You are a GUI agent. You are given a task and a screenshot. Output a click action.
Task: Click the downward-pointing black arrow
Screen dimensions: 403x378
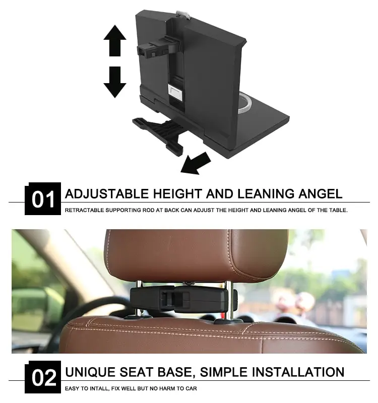[114, 82]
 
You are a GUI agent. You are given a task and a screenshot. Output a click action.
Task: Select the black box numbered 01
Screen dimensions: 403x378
[43, 199]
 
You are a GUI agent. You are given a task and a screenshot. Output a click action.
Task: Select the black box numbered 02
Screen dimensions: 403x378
[43, 377]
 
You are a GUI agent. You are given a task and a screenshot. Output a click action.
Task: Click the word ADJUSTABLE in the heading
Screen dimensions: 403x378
[107, 193]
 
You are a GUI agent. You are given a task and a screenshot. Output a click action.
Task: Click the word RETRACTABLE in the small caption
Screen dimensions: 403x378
[84, 210]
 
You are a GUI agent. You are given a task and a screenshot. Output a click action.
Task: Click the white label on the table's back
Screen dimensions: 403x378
[174, 93]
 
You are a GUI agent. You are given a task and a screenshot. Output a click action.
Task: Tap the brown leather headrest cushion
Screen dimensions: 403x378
[197, 254]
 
